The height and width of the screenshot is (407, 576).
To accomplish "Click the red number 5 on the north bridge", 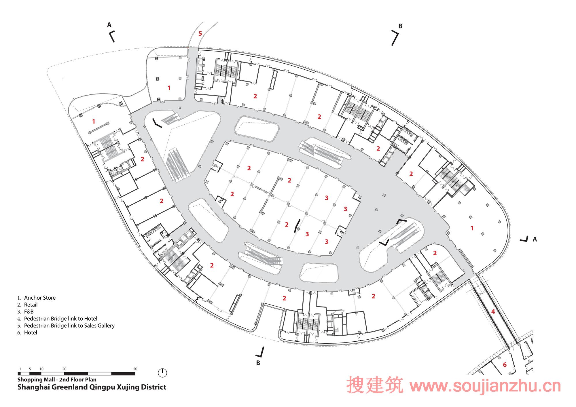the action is point(200,34).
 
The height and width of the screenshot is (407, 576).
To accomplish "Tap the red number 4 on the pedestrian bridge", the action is point(493,311).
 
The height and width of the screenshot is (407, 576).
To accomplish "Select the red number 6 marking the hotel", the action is point(505,365).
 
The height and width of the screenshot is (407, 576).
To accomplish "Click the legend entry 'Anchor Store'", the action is point(40,298).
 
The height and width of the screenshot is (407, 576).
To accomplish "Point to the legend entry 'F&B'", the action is point(29,312).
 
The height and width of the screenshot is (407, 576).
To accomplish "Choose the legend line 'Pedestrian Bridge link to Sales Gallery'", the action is point(69,326).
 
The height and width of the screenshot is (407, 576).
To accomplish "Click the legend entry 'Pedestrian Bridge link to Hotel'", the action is point(61,319).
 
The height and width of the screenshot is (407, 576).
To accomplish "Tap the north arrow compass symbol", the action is point(162,373).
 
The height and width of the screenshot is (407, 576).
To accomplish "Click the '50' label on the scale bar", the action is point(135,369).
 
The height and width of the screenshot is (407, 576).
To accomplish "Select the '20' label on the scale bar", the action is point(64,369).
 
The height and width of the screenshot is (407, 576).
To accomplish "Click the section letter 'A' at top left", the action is point(109,25).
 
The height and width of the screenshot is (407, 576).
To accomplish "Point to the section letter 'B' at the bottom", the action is point(258,363).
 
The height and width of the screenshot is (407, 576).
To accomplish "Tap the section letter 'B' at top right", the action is point(400,26).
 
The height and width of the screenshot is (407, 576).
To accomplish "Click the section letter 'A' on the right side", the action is point(535,239).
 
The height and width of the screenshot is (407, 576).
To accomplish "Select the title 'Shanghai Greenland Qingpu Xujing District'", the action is point(92,387).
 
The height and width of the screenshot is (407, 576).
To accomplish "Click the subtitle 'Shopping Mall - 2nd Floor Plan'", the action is point(57,380).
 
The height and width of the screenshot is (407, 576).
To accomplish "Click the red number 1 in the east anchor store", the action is point(472,228).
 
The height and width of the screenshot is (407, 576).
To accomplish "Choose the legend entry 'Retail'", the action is point(31,305).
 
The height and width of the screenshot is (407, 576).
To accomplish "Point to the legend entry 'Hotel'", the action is point(31,332).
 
